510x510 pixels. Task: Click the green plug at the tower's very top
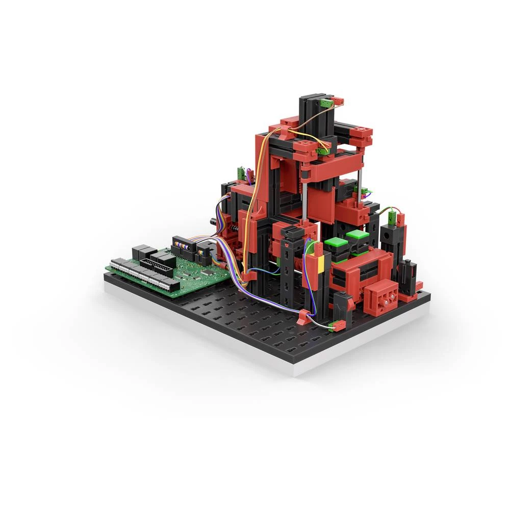pos(324,104)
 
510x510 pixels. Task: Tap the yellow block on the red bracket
pos(321,265)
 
